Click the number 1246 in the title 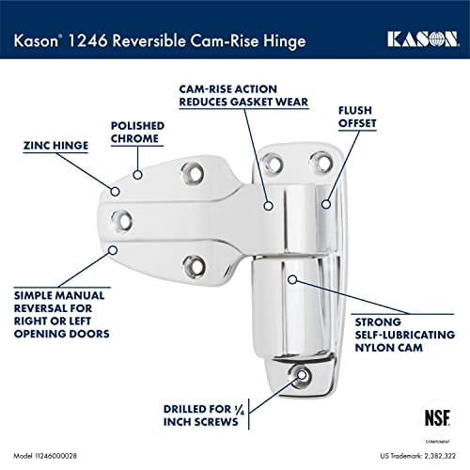[x=91, y=39]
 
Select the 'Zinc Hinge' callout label [x=55, y=146]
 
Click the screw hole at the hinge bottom [x=301, y=375]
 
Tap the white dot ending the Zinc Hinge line [x=116, y=191]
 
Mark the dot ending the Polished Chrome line [x=137, y=174]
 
